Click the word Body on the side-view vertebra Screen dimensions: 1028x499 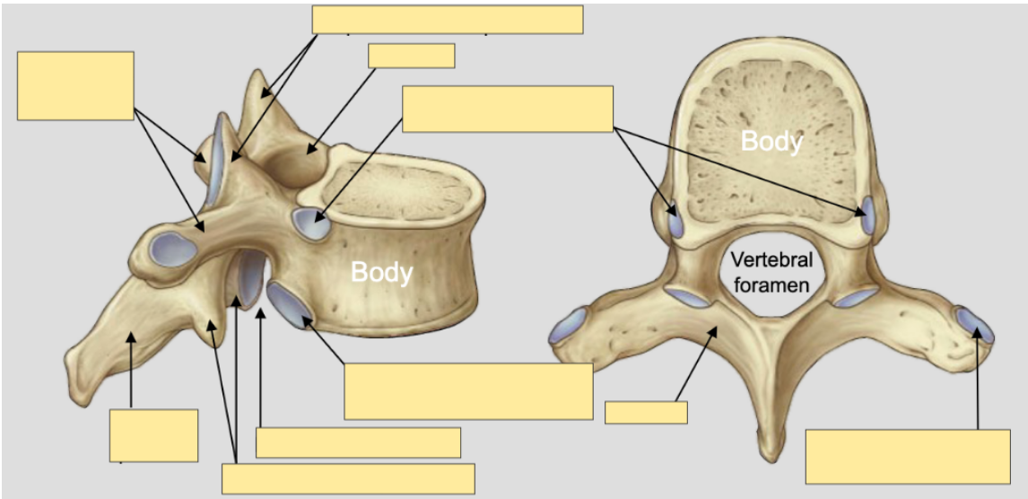[382, 271]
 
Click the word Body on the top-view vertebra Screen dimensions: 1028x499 [771, 140]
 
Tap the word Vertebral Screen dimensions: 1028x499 [771, 260]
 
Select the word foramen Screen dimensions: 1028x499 [771, 285]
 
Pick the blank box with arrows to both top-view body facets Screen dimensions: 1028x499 [508, 109]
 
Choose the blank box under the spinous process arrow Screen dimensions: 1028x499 [153, 434]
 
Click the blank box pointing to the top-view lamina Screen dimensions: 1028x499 [646, 413]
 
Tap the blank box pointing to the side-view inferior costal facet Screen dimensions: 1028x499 [468, 390]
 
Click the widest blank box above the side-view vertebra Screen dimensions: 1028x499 [448, 19]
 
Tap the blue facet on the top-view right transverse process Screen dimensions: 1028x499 [974, 324]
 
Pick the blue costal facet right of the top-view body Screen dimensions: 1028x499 [867, 215]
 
